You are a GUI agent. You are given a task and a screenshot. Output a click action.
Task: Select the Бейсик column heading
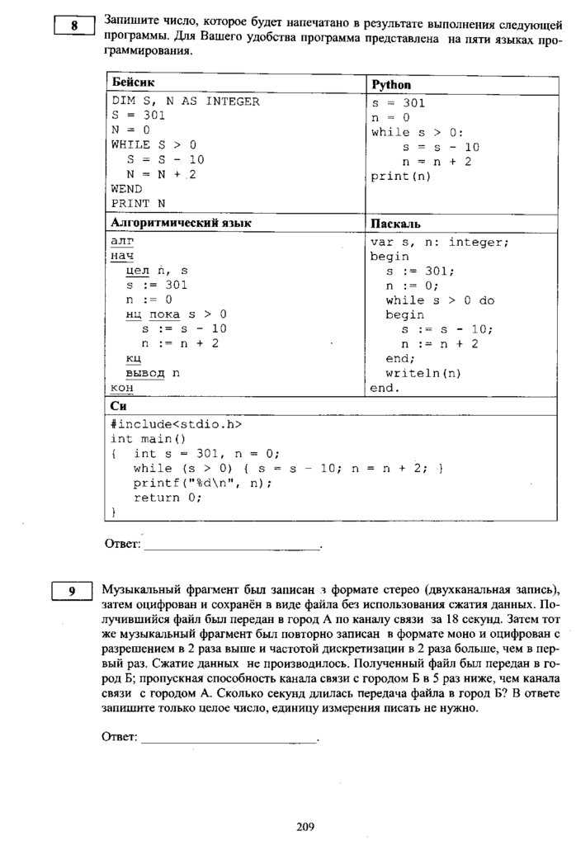pos(133,83)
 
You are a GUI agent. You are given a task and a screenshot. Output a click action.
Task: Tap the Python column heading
pos(391,85)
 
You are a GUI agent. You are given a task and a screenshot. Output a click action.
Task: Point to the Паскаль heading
pos(396,224)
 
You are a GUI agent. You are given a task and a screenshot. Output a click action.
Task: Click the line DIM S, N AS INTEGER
pos(185,101)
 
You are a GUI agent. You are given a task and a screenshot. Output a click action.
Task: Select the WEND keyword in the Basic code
pos(126,188)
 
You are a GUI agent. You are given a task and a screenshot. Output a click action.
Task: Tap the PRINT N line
pos(138,203)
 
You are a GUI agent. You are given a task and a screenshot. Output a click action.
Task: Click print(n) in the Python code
pos(400,176)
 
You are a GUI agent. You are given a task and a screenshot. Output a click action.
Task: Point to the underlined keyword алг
pos(121,241)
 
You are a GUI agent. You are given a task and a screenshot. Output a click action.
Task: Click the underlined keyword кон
pos(121,388)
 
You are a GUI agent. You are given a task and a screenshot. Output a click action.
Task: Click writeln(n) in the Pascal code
pos(423,373)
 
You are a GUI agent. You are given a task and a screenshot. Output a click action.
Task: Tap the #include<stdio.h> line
pos(176,424)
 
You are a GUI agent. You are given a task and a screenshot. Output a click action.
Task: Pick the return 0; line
pos(168,498)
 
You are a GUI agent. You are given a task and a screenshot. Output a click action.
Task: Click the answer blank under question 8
pos(230,544)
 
